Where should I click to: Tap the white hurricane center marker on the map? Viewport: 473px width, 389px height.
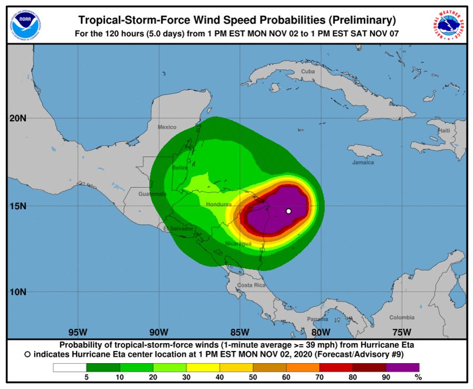point(288,211)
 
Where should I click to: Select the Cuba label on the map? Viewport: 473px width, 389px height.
point(307,71)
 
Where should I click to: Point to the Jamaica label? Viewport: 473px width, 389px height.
point(363,162)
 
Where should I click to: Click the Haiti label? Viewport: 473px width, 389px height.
point(444,130)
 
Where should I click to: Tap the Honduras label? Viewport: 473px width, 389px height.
point(219,204)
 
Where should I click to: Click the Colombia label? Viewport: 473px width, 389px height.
point(402,317)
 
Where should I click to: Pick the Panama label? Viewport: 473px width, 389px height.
point(317,319)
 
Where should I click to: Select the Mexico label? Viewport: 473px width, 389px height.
point(167,127)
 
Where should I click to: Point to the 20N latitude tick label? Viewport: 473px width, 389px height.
point(18,119)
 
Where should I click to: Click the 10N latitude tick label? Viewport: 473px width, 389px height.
point(18,292)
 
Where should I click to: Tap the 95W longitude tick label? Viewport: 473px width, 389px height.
point(78,332)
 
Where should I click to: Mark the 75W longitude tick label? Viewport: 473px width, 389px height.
point(402,332)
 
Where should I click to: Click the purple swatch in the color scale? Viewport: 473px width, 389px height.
point(402,367)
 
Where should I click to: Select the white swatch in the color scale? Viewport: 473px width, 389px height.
point(69,367)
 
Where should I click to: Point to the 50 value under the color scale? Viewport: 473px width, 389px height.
point(253,377)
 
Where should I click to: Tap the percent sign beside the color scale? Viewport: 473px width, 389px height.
point(418,377)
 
